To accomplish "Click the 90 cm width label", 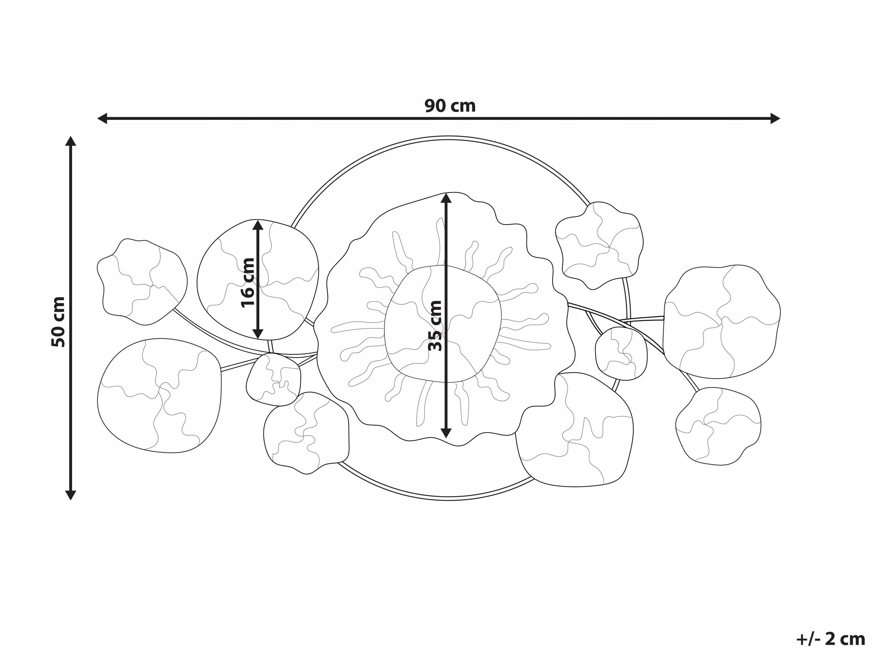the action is pyautogui.click(x=450, y=106).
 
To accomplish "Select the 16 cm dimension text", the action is pyautogui.click(x=248, y=283).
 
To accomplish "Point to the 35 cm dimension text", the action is pyautogui.click(x=436, y=326).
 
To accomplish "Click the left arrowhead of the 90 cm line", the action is pyautogui.click(x=102, y=118).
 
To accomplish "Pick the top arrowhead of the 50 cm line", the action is pyautogui.click(x=71, y=141).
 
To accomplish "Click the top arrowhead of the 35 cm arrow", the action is pyautogui.click(x=446, y=198).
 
